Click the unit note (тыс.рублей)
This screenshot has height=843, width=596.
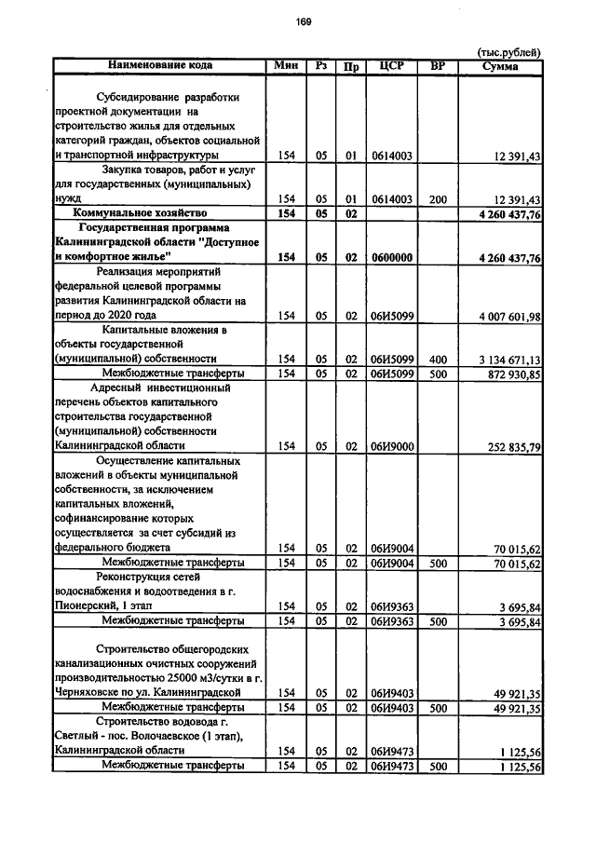point(508,52)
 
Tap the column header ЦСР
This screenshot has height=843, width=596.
point(391,66)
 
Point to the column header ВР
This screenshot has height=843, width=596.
point(437,66)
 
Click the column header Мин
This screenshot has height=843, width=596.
point(285,66)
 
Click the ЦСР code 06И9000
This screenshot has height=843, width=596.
point(391,446)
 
